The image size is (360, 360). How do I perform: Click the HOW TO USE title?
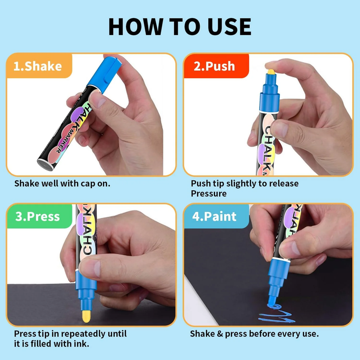pos(180,27)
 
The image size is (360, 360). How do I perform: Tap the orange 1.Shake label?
pos(39,66)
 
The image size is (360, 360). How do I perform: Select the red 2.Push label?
pos(216,66)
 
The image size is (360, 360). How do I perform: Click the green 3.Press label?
pos(39,216)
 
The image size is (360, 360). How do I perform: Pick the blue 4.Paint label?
pos(216,216)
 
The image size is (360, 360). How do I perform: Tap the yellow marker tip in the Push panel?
pos(271,72)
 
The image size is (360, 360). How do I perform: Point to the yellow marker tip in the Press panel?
pos(86,316)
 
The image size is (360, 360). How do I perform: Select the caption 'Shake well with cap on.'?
pos(62,184)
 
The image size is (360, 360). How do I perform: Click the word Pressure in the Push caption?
pos(209,193)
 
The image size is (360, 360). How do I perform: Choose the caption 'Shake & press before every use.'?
pos(254,333)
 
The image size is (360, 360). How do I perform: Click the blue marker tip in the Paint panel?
pos(272,301)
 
